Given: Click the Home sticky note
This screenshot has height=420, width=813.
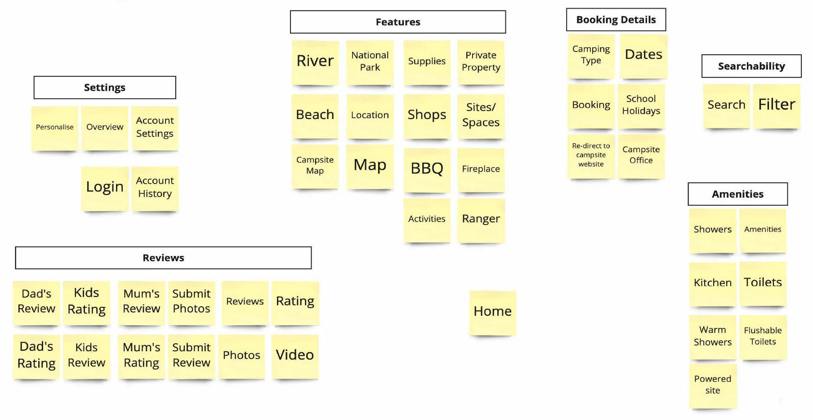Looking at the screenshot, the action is [x=492, y=313].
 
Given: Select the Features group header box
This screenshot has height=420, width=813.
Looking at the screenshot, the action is [x=398, y=22].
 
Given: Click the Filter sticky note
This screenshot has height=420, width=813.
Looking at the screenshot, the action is [x=777, y=106].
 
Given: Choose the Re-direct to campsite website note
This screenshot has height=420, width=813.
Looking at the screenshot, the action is [x=591, y=156].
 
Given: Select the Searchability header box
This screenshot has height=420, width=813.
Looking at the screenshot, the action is [x=751, y=66].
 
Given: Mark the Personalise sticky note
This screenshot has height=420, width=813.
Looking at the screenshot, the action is [x=55, y=128].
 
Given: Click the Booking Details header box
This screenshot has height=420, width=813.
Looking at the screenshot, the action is [x=616, y=20].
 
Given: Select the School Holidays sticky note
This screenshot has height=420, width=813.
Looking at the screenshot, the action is [x=641, y=106].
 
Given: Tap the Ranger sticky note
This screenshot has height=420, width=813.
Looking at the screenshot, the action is [x=481, y=221].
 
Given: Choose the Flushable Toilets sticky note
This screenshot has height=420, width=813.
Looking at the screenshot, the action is [x=763, y=337].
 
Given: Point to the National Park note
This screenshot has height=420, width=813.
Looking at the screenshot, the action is [x=370, y=62].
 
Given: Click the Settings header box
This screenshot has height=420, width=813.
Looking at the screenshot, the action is [x=105, y=88].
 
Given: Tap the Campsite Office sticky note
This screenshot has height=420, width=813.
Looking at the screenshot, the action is [x=641, y=156].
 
